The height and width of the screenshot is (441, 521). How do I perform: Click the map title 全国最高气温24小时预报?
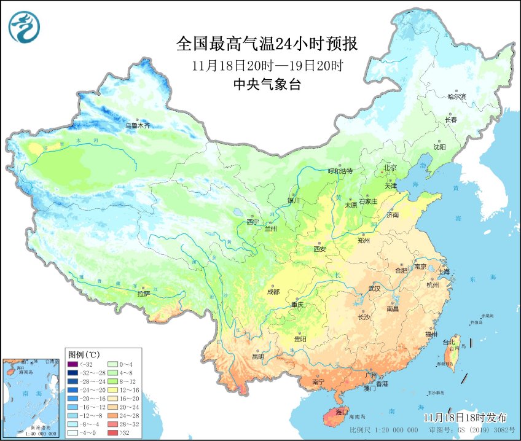tap(266, 44)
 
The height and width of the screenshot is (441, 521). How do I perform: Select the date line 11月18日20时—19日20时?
tap(266, 65)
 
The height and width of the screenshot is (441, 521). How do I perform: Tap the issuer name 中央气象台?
tap(267, 85)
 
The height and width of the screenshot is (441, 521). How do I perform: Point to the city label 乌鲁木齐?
tap(138, 126)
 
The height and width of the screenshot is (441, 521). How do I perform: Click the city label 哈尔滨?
tap(456, 96)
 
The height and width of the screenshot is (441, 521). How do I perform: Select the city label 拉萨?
tap(143, 294)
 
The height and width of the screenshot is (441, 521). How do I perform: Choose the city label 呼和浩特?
tap(340, 171)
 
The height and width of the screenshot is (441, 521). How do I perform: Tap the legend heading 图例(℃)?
tap(84, 354)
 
